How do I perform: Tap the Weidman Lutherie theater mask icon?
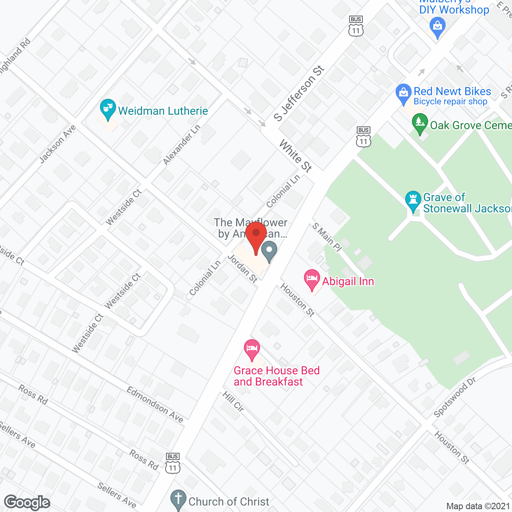[108, 108]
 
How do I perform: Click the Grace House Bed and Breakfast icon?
[252, 349]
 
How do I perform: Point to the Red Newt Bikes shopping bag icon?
[403, 94]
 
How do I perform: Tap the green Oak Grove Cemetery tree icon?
[420, 123]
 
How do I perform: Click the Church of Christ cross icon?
[178, 500]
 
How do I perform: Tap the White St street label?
[295, 156]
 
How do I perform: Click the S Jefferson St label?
[299, 94]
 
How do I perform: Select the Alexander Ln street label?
[182, 145]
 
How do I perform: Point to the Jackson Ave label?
[58, 144]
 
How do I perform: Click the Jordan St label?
[242, 268]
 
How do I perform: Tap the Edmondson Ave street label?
[155, 404]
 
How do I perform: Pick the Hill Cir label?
[233, 401]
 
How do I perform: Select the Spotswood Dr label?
[455, 397]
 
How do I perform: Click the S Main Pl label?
[327, 237]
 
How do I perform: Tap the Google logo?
[27, 502]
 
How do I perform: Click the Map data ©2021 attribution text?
[478, 506]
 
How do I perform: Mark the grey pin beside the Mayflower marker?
[269, 251]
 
